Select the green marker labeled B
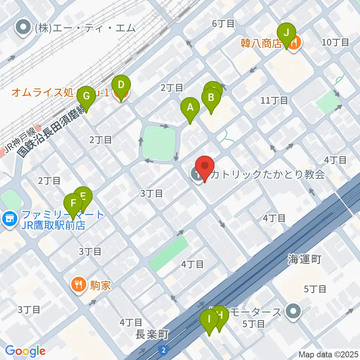click(211, 98)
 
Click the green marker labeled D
click(121, 85)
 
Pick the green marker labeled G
click(86, 96)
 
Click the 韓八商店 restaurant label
click(261, 43)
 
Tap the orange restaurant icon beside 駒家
click(78, 285)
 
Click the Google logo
click(25, 351)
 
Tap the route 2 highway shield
click(163, 350)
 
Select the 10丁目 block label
click(335, 42)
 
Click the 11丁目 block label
click(274, 100)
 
